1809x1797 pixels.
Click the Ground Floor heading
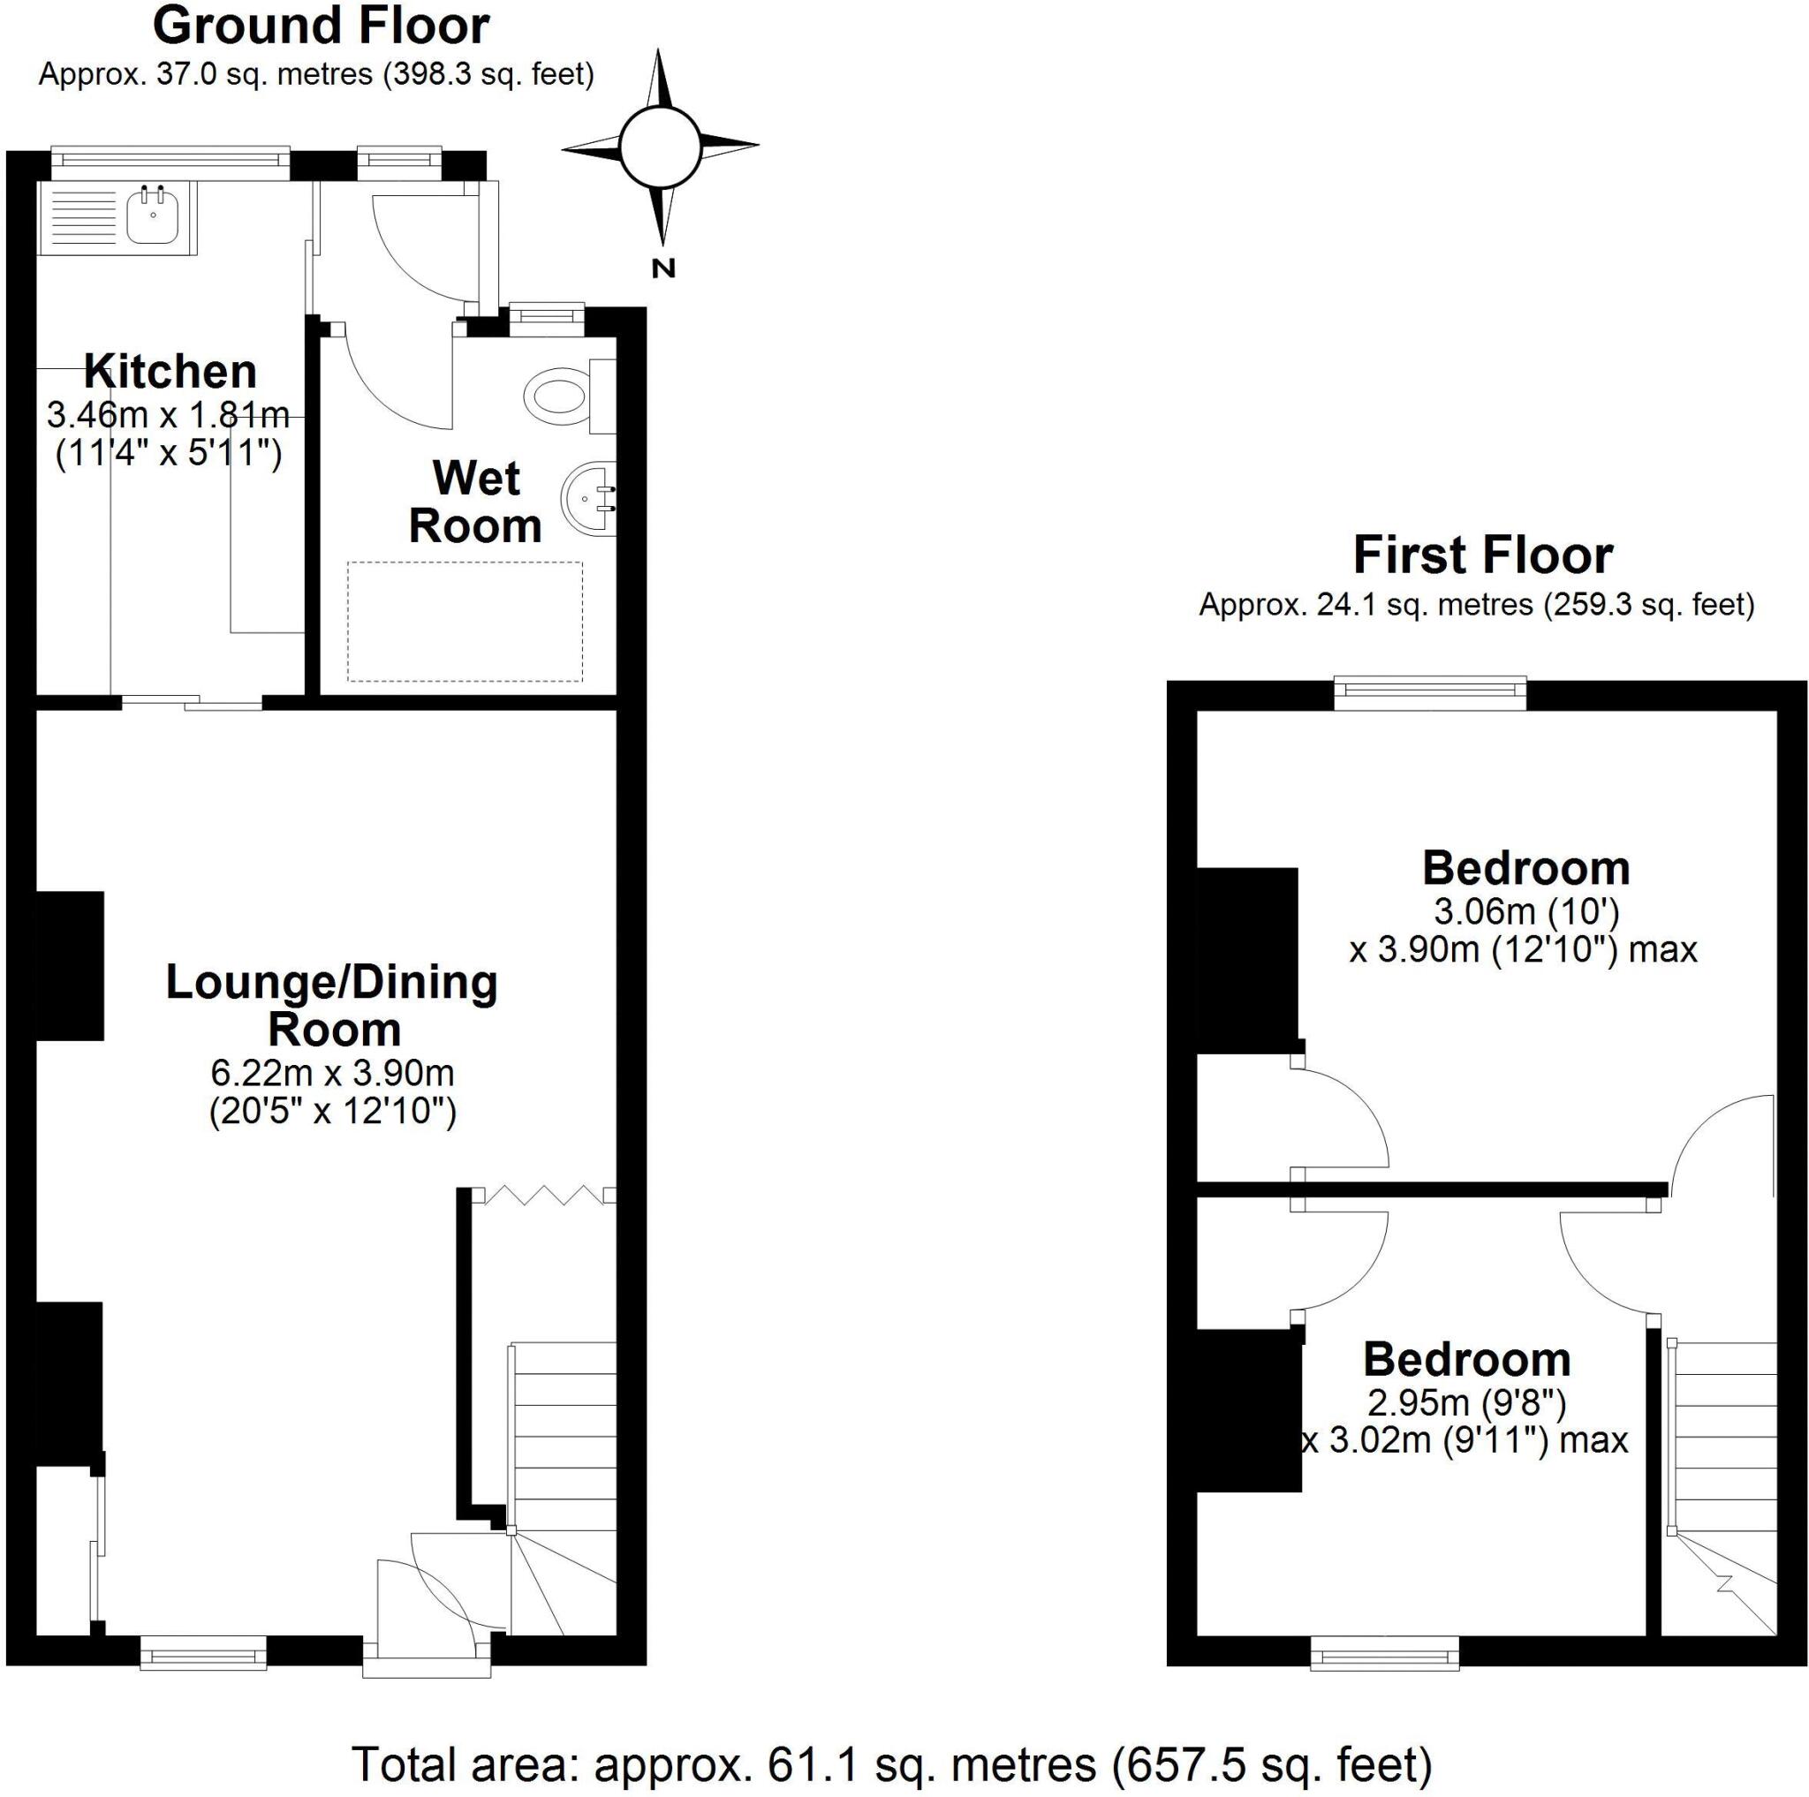click(x=321, y=26)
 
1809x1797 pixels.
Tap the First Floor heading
click(x=1482, y=556)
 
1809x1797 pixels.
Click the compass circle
click(x=660, y=146)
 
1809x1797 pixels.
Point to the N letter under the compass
click(x=663, y=268)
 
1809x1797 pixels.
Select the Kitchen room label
click(x=170, y=373)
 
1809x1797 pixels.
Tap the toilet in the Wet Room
click(x=557, y=395)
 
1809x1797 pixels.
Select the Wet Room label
click(x=476, y=502)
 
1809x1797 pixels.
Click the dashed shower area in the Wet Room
click(x=465, y=622)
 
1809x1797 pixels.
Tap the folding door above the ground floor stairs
click(x=544, y=1194)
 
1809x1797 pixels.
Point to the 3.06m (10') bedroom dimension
click(x=1525, y=910)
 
